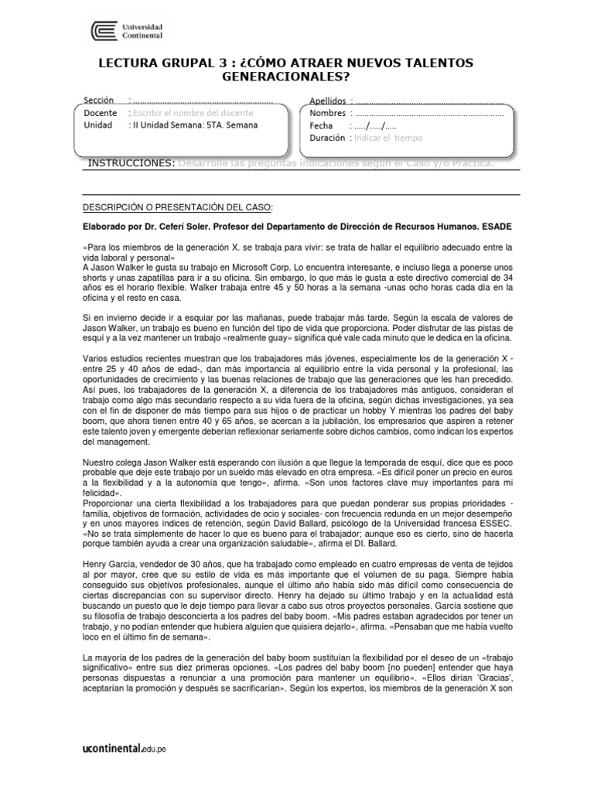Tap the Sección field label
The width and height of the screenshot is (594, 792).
tap(98, 101)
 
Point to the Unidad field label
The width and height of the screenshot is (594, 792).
tap(97, 125)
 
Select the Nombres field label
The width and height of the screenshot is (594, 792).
tap(328, 113)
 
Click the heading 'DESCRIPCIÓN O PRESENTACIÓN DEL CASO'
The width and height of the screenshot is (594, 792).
tap(177, 207)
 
